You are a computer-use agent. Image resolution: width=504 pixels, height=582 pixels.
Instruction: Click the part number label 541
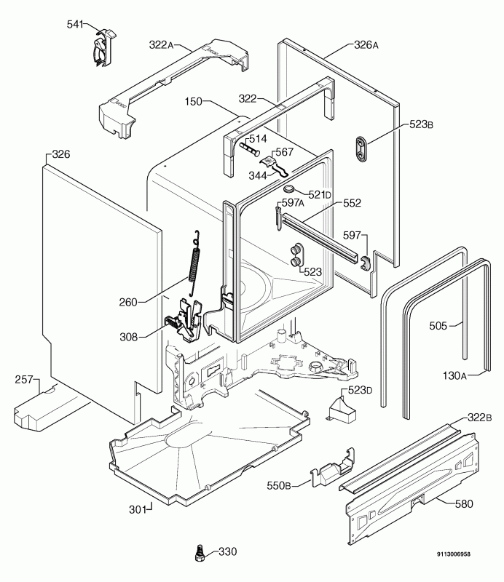pyautogui.click(x=75, y=25)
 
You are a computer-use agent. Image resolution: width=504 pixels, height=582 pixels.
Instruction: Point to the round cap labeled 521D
pyautogui.click(x=290, y=189)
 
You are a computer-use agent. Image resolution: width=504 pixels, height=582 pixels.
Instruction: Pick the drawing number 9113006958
pyautogui.click(x=454, y=554)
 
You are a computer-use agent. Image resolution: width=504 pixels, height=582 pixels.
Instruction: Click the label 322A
pyautogui.click(x=161, y=45)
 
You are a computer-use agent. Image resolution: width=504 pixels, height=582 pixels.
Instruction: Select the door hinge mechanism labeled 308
pyautogui.click(x=184, y=319)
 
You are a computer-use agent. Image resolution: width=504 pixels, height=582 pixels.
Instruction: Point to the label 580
pyautogui.click(x=464, y=503)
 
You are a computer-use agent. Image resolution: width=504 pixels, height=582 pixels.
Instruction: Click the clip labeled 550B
pyautogui.click(x=332, y=467)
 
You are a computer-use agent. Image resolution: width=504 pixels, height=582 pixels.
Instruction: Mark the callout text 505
pyautogui.click(x=438, y=326)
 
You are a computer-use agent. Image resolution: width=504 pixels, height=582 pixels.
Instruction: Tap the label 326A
pyautogui.click(x=366, y=45)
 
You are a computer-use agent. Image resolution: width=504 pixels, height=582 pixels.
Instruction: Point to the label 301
pyautogui.click(x=138, y=510)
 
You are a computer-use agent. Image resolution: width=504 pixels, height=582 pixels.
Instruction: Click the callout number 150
pyautogui.click(x=193, y=101)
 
